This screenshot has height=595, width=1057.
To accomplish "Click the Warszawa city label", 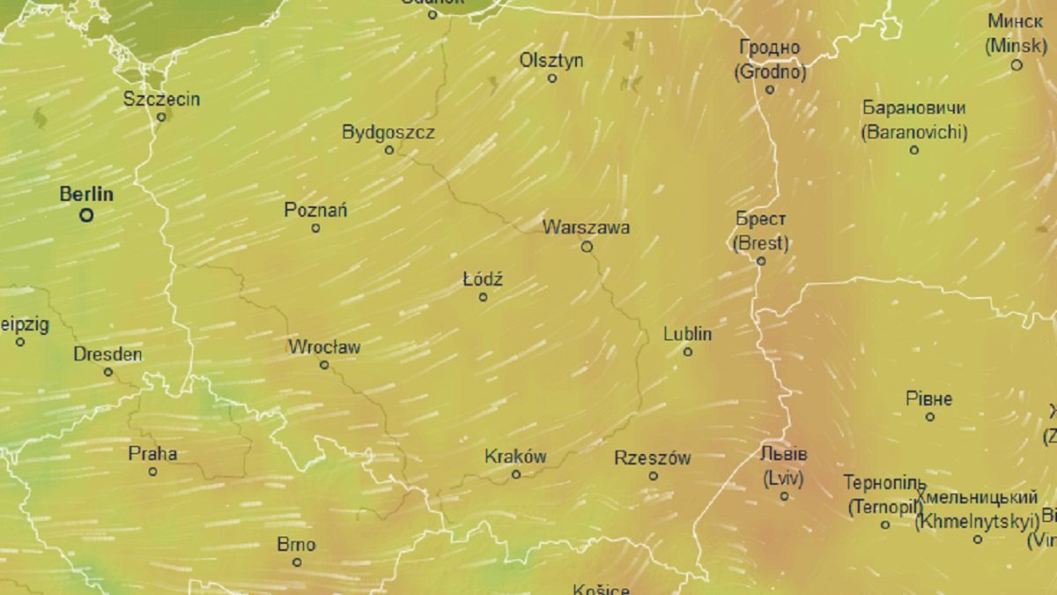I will [x=586, y=227].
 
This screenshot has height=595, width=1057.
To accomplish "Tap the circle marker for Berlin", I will [x=86, y=214].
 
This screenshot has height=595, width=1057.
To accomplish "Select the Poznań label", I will [x=315, y=210].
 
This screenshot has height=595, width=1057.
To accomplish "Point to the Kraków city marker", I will [x=516, y=474].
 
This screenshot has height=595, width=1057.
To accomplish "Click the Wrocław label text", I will [x=324, y=347].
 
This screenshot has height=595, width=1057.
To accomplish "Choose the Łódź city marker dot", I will [x=483, y=297].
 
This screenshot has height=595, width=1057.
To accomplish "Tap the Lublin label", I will [x=687, y=335].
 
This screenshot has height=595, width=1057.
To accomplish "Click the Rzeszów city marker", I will [x=653, y=476].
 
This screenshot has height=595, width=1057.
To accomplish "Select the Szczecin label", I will [x=161, y=99].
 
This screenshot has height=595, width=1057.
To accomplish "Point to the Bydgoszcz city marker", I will [x=389, y=150].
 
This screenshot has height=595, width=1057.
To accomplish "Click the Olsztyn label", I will [x=551, y=61].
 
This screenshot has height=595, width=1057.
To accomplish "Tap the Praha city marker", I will [x=152, y=472].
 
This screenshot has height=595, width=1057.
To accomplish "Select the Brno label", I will [x=296, y=545].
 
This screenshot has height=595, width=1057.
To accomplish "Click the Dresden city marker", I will [x=108, y=372].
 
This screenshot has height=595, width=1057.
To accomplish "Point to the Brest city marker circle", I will [x=761, y=261].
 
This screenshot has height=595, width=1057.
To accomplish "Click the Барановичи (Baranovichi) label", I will [x=913, y=121].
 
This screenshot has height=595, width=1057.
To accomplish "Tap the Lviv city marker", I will [x=784, y=496].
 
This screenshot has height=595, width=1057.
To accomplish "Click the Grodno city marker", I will [x=769, y=89].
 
